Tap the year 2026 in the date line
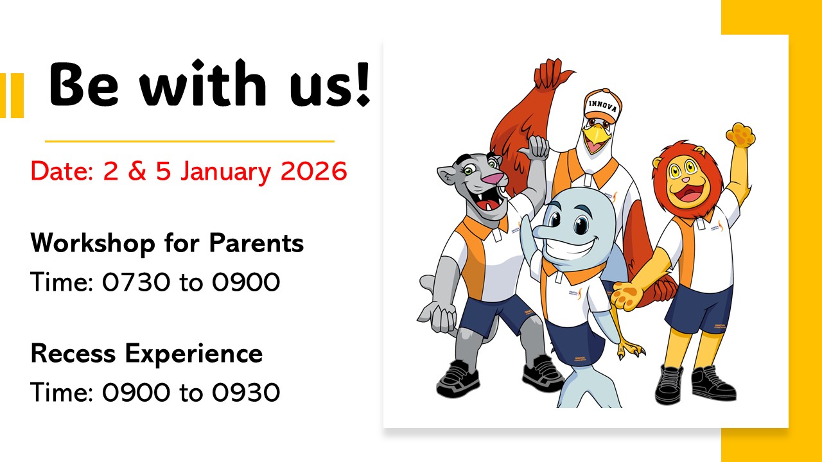(314, 171)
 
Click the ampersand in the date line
(137, 171)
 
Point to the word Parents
(256, 243)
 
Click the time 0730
(136, 282)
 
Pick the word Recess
(73, 353)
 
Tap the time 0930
(246, 392)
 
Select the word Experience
(194, 355)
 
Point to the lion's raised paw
(740, 135)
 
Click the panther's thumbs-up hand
(534, 147)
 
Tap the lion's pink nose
(685, 179)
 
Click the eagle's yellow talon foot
(631, 350)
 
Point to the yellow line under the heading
(189, 141)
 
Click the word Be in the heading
(84, 84)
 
